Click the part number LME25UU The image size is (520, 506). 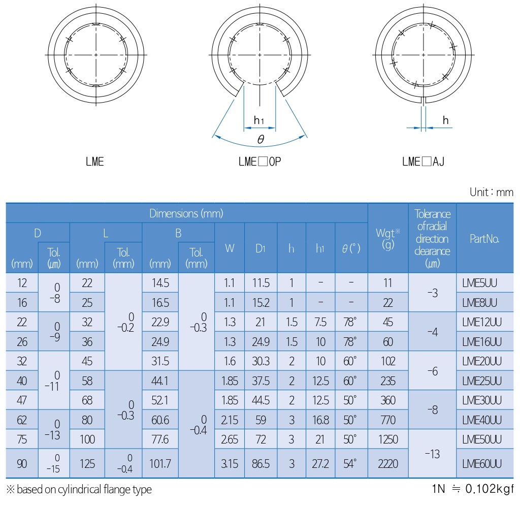tap(481, 381)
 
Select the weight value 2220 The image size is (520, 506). tap(387, 463)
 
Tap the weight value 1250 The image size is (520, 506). tap(387, 439)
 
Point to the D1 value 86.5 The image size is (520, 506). tap(261, 463)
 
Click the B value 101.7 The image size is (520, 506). tap(160, 463)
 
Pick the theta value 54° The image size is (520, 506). tap(350, 463)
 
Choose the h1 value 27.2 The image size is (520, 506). tap(320, 463)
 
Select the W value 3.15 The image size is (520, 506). tap(230, 463)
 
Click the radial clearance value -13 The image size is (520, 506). tap(433, 454)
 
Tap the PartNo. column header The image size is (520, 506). tap(484, 239)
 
